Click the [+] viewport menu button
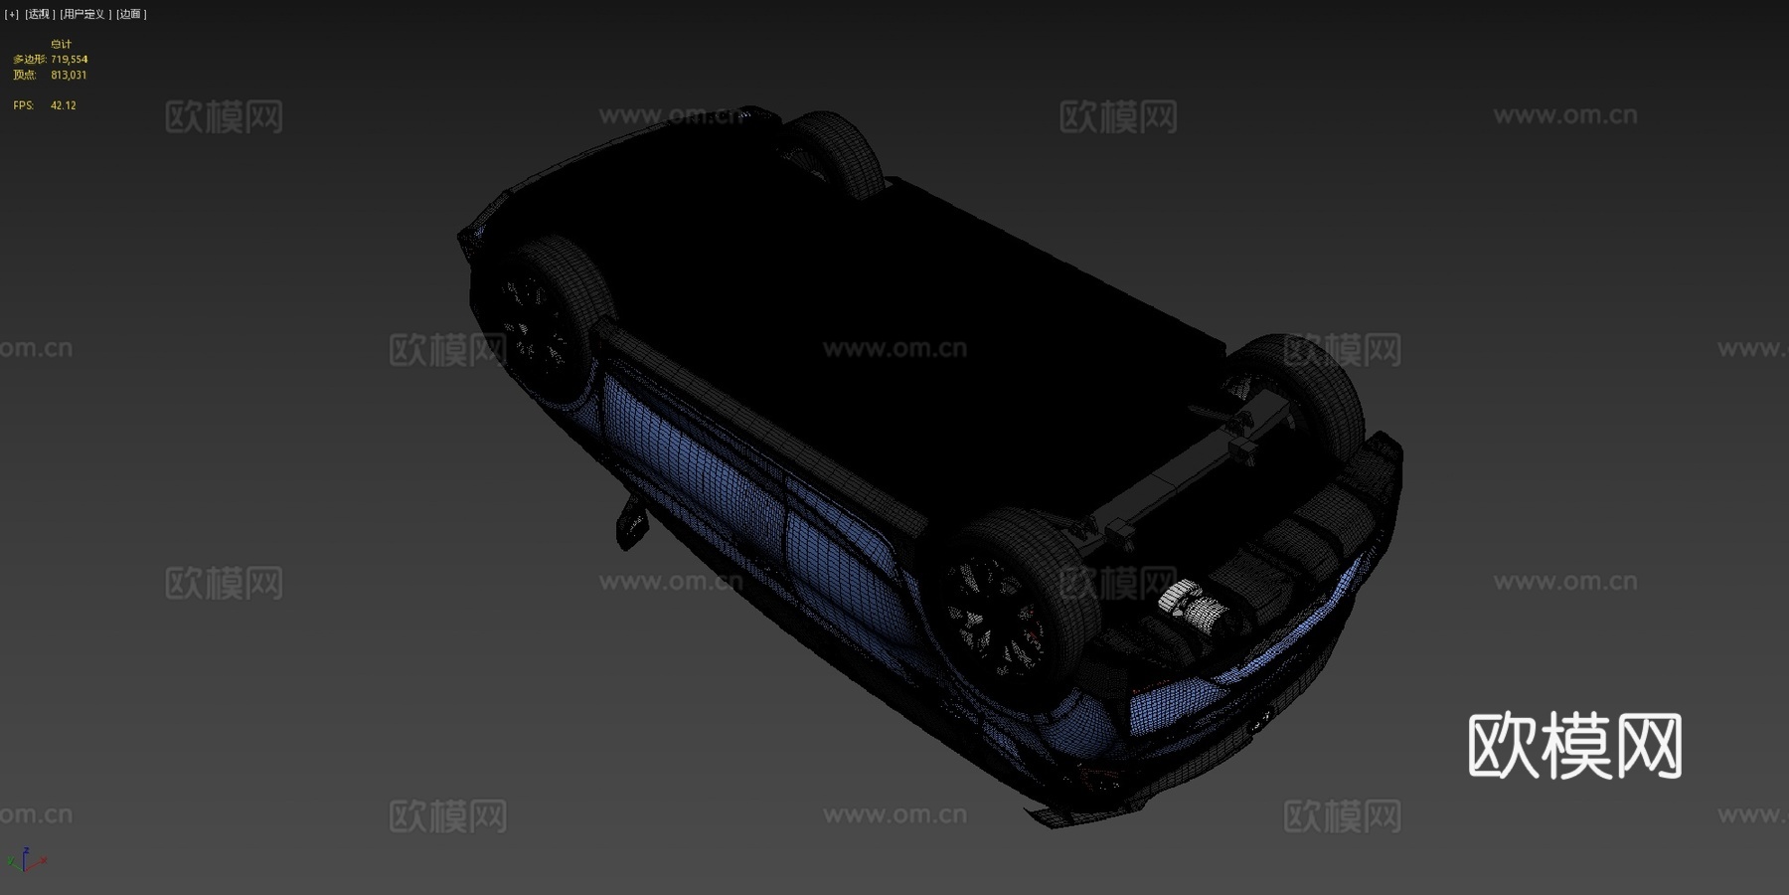(12, 14)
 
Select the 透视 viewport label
(40, 14)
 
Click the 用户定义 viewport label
(84, 14)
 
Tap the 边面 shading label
(131, 14)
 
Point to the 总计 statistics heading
(62, 44)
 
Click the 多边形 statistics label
(29, 60)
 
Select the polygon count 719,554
(70, 60)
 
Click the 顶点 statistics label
(25, 75)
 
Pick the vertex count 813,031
(69, 75)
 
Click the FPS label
(23, 105)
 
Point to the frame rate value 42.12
(64, 105)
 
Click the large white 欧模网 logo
(1574, 746)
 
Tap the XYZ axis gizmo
(26, 861)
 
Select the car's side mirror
(630, 521)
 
